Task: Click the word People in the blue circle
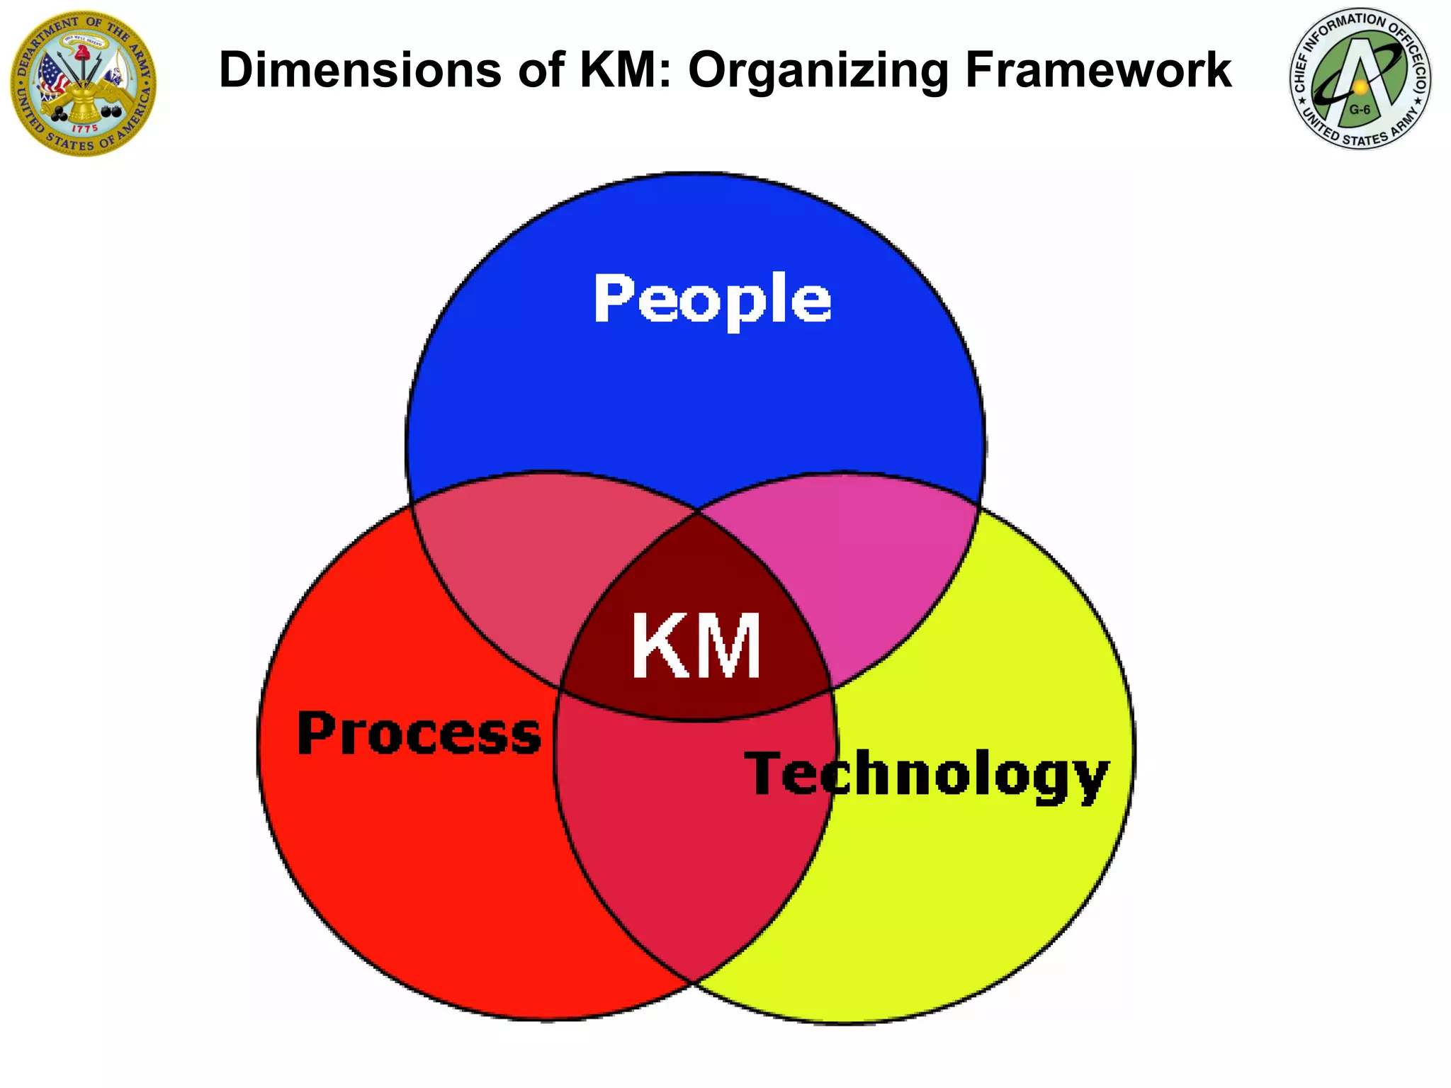pyautogui.click(x=712, y=300)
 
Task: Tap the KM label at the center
pyautogui.click(x=696, y=645)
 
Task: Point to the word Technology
pyautogui.click(x=926, y=776)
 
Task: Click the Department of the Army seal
pyautogui.click(x=84, y=83)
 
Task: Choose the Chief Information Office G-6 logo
pyautogui.click(x=1360, y=79)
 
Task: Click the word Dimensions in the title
pyautogui.click(x=361, y=70)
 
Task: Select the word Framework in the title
pyautogui.click(x=1098, y=70)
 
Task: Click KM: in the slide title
pyautogui.click(x=626, y=70)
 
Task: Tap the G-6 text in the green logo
pyautogui.click(x=1359, y=110)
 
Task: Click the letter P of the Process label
pyautogui.click(x=315, y=732)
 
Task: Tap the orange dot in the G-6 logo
pyautogui.click(x=1360, y=86)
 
